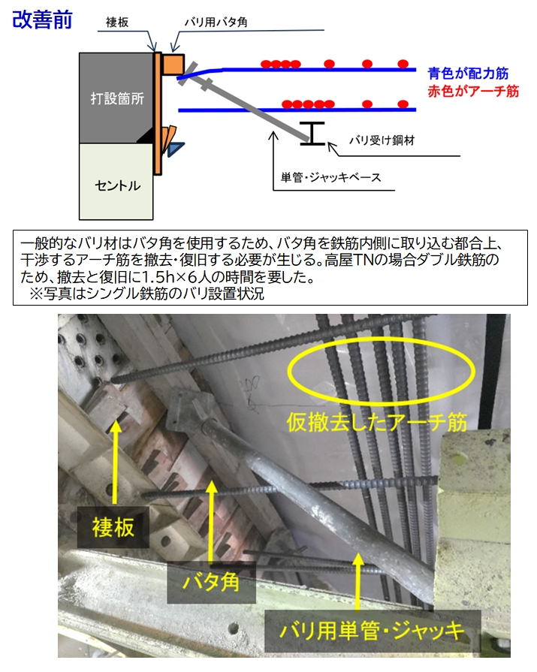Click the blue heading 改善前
42,20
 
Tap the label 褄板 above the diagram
117,23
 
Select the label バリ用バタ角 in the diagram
216,22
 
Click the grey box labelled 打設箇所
116,98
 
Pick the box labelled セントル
116,181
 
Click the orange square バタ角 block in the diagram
173,64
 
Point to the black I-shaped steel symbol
312,134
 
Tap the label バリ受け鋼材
382,140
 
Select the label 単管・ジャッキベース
331,177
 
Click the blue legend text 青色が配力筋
468,74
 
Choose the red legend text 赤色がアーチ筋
473,91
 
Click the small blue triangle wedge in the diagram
175,149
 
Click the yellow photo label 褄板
113,527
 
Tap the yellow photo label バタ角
211,582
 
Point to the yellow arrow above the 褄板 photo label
115,462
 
